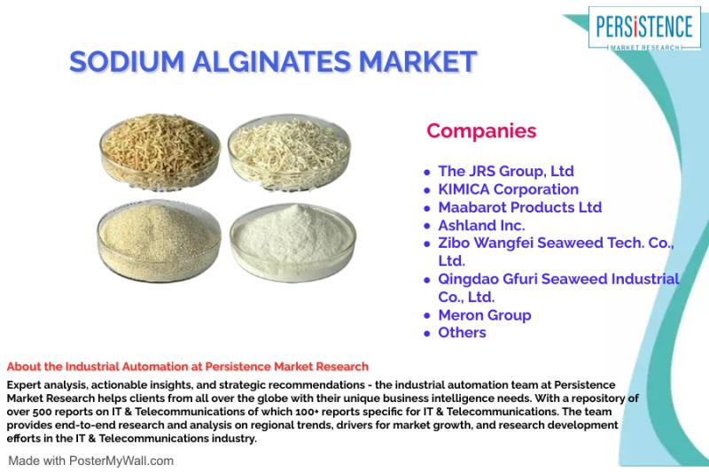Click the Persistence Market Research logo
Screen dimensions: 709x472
pos(644,28)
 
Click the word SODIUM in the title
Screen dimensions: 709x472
pos(127,61)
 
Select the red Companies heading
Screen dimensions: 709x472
pos(481,130)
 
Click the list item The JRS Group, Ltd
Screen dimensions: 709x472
pos(506,171)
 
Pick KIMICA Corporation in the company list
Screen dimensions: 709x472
pos(508,190)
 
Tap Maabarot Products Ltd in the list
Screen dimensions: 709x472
pos(520,207)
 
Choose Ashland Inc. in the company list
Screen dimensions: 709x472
pos(481,226)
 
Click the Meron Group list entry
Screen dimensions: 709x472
pos(485,315)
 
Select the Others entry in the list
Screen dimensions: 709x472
pos(462,333)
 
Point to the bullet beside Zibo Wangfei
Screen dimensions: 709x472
pos(427,244)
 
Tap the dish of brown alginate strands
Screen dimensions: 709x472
pos(160,150)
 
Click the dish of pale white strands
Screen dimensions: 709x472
pos(289,151)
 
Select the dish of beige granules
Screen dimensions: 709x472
pos(160,241)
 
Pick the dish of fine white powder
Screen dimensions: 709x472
pos(292,242)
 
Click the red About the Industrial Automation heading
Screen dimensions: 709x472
pos(188,367)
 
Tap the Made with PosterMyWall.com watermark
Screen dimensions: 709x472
pos(91,460)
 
